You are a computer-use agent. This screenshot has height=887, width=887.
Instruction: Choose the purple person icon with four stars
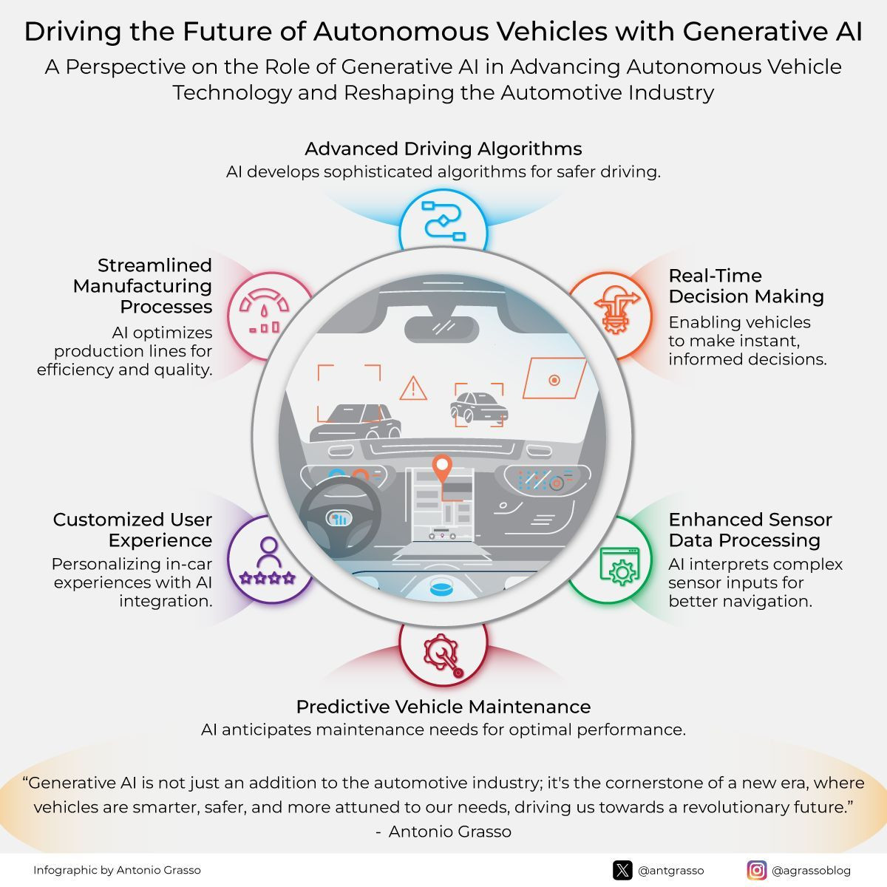(x=268, y=561)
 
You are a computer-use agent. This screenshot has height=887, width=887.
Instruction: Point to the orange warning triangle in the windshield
(x=413, y=388)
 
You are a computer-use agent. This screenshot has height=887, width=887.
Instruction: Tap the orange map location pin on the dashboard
(x=442, y=468)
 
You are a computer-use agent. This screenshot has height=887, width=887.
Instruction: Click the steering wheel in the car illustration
(x=341, y=517)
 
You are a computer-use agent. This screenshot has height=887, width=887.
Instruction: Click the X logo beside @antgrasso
(x=622, y=870)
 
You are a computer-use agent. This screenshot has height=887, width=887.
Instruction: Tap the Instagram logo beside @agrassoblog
(x=757, y=870)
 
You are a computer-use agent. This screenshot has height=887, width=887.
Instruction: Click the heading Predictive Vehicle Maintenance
(x=443, y=707)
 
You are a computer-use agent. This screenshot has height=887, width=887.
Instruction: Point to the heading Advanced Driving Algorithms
(x=443, y=149)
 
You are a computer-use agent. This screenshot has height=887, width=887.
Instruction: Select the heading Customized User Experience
(x=133, y=530)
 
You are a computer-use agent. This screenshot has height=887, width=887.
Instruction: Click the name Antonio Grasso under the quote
(x=450, y=832)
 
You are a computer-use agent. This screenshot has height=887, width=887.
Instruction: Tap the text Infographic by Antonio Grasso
(x=117, y=870)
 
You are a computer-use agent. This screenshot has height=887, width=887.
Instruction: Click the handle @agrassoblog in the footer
(x=811, y=871)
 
